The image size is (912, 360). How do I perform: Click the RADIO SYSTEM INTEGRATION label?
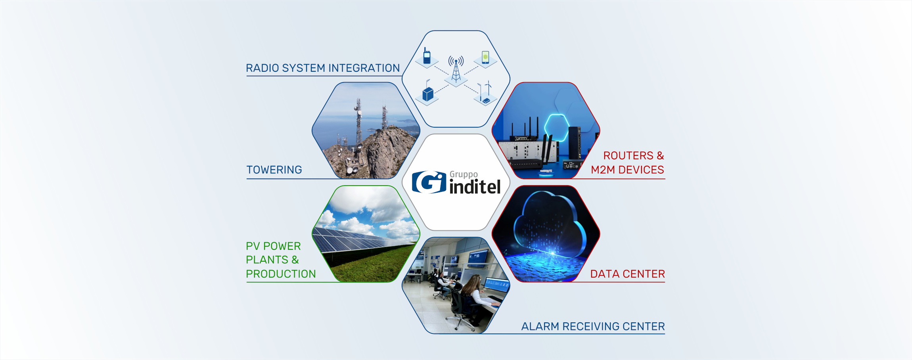click(x=323, y=68)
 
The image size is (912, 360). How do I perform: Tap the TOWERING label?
click(x=274, y=170)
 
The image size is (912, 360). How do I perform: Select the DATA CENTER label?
click(x=627, y=274)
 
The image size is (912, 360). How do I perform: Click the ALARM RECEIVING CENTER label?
click(x=593, y=326)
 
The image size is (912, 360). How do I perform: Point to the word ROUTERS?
click(x=628, y=155)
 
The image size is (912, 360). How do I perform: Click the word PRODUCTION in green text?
click(x=281, y=274)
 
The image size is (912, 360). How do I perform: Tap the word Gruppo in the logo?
click(x=464, y=175)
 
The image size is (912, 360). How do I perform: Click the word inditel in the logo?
click(x=475, y=187)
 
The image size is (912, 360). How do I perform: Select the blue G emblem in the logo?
click(x=429, y=182)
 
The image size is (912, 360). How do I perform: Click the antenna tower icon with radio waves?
click(x=456, y=69)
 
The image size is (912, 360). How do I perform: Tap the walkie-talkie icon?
click(x=427, y=56)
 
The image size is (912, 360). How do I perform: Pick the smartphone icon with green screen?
click(x=485, y=57)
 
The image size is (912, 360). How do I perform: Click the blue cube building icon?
click(x=428, y=94)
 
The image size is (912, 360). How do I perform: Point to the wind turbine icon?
click(x=489, y=88)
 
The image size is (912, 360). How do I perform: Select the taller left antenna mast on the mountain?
click(x=358, y=123)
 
